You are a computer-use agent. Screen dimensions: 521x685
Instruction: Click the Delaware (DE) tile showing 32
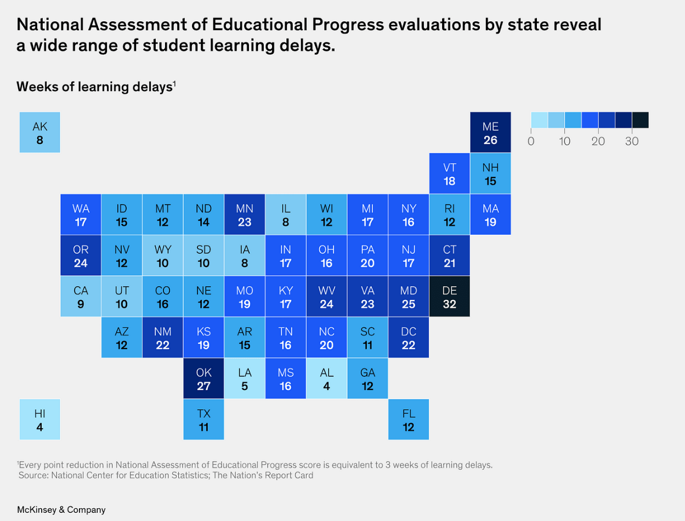pyautogui.click(x=449, y=297)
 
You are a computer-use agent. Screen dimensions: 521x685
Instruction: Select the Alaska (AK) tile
pyautogui.click(x=40, y=133)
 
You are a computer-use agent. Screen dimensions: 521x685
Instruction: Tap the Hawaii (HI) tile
pyautogui.click(x=40, y=420)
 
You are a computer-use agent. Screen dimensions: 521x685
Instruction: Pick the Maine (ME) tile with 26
pyautogui.click(x=490, y=133)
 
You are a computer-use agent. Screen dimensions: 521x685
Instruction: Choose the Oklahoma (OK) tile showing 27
pyautogui.click(x=203, y=378)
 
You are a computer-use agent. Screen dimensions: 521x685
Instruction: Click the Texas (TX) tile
pyautogui.click(x=203, y=420)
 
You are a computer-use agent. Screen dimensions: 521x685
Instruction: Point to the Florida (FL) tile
pyautogui.click(x=408, y=420)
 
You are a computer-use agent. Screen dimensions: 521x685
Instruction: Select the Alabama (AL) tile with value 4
pyautogui.click(x=326, y=378)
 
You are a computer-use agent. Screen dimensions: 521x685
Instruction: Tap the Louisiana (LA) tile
pyautogui.click(x=245, y=378)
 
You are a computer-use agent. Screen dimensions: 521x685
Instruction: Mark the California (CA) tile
pyautogui.click(x=81, y=297)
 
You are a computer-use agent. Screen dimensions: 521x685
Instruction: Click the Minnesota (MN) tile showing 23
pyautogui.click(x=245, y=215)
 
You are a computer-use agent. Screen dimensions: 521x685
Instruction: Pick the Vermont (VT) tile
pyautogui.click(x=449, y=174)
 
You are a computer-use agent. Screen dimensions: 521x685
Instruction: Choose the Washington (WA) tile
pyautogui.click(x=81, y=215)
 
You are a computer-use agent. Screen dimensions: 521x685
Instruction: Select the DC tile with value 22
pyautogui.click(x=408, y=338)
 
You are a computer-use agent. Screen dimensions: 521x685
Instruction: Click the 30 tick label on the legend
pyautogui.click(x=632, y=141)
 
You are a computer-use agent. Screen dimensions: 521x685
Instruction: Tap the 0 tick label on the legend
pyautogui.click(x=531, y=141)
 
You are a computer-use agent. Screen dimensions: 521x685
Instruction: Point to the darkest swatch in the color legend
pyautogui.click(x=640, y=120)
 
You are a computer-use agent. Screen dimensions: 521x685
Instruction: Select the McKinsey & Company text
pyautogui.click(x=61, y=509)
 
